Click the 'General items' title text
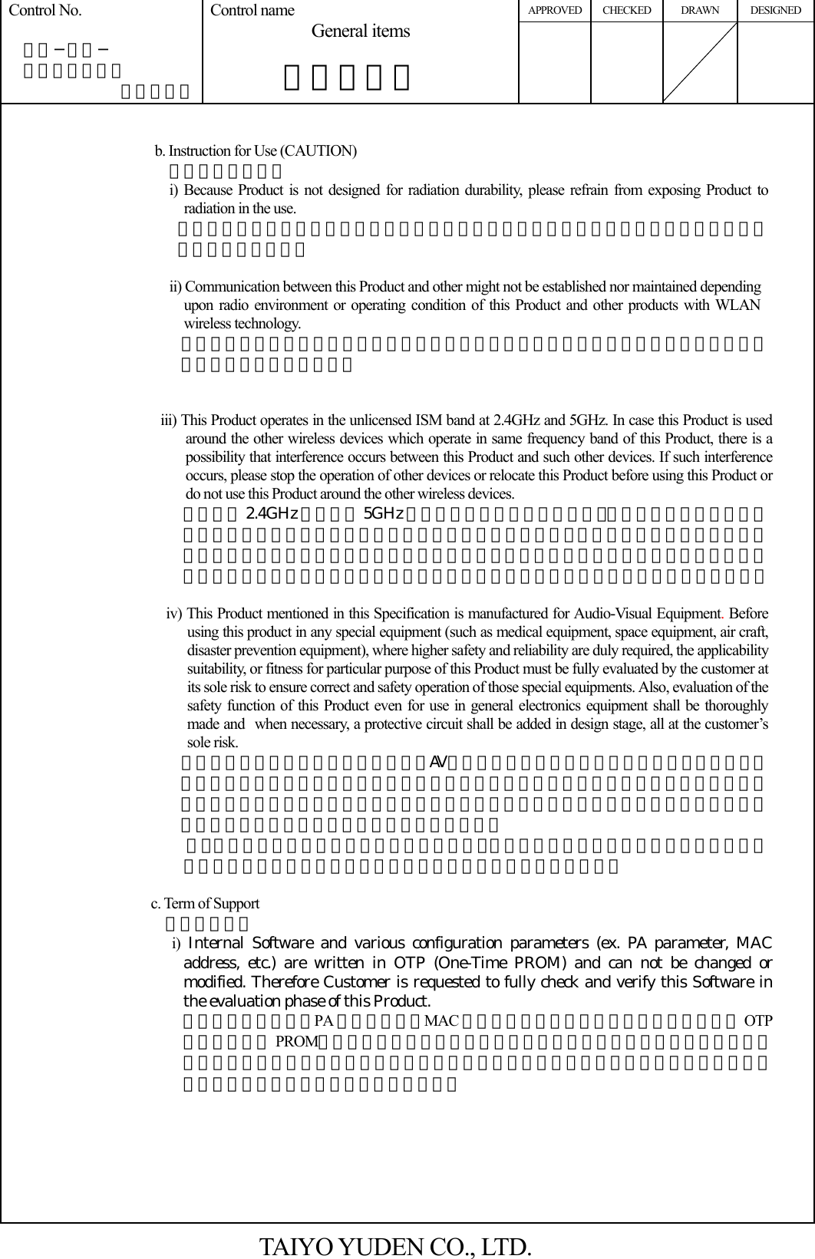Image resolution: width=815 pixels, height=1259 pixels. tap(361, 31)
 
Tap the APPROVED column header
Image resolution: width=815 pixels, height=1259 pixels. tap(555, 11)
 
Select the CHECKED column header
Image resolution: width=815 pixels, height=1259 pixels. tap(627, 11)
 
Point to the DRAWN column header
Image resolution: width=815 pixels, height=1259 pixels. tap(700, 11)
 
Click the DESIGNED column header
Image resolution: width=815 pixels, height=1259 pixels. tap(775, 11)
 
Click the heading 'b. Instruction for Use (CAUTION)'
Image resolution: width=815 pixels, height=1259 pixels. tap(256, 150)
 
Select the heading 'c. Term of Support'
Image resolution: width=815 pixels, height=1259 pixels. tap(205, 903)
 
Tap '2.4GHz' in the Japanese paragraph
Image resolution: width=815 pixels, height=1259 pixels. tap(272, 513)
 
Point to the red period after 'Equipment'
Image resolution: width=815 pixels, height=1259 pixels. tap(725, 615)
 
